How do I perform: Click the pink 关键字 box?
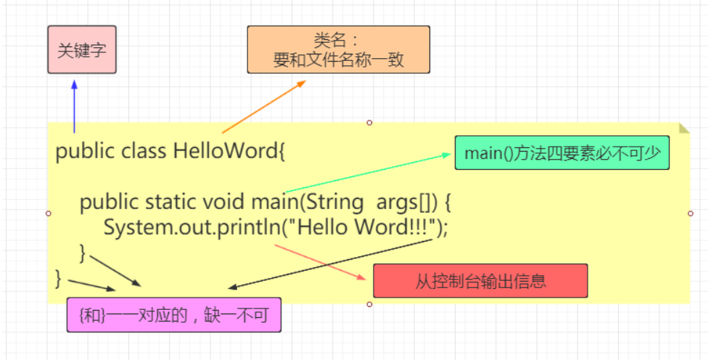point(82,50)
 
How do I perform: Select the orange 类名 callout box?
point(338,50)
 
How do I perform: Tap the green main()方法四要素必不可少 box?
point(561,153)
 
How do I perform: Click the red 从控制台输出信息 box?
point(480,281)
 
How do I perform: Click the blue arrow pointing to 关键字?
point(74,105)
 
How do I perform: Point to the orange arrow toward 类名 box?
point(264,107)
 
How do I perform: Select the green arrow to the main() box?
point(363,173)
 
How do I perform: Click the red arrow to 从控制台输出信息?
point(319,261)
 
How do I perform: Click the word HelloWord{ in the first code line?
point(229,152)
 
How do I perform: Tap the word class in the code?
point(144,152)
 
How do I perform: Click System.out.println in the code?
point(189,227)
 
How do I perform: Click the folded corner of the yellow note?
point(683,128)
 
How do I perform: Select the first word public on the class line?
point(85,152)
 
